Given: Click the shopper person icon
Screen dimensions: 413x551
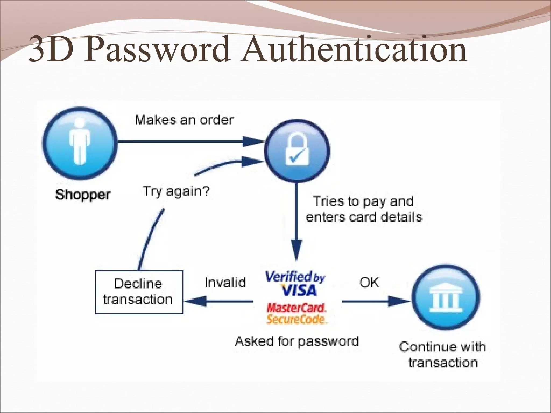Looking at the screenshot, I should pos(80,144).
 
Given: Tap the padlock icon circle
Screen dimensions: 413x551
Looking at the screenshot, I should pos(297,151).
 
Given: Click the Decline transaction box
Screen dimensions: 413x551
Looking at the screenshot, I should pos(139,292).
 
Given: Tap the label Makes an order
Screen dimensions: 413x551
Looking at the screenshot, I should pos(184,120).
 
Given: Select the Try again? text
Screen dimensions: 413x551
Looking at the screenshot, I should pos(176,191).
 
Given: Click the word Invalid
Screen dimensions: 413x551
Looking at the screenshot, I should pos(225,282).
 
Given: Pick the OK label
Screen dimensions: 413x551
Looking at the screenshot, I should pos(369,282).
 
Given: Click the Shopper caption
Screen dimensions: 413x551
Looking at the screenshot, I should pos(83,194).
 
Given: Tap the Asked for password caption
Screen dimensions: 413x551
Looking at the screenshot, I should pos(297,341).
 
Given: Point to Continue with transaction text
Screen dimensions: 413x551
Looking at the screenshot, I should pos(443,354).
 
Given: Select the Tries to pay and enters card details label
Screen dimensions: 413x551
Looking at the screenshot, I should pos(364,209).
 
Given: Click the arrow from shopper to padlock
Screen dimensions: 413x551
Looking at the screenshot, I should pos(188,141).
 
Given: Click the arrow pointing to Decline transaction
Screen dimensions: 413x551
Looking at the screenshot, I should pos(219,301).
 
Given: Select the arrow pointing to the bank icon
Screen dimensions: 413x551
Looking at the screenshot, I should pos(375,301).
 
